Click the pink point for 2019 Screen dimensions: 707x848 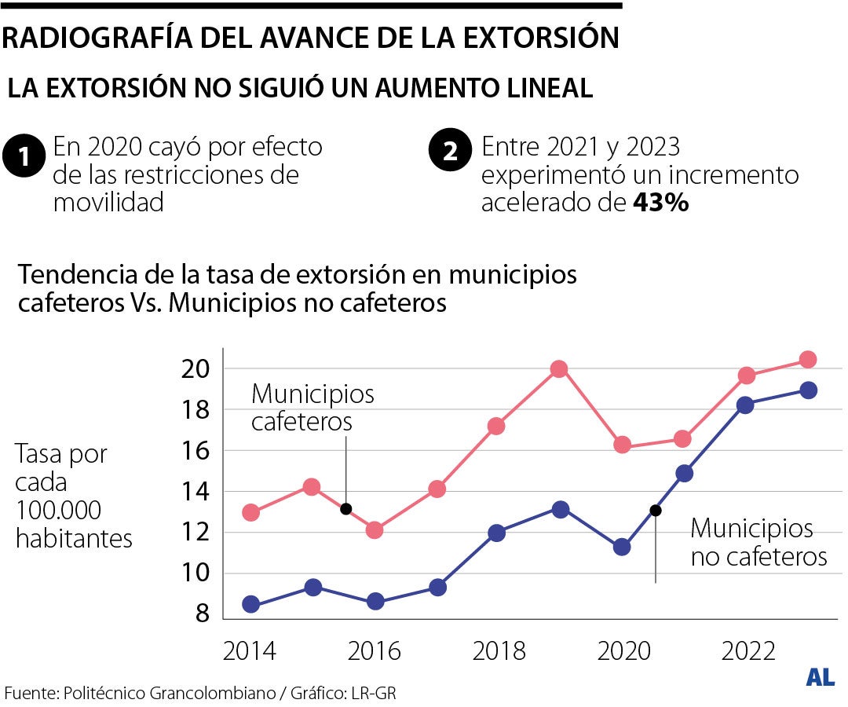tap(559, 369)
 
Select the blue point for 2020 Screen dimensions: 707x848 tap(622, 547)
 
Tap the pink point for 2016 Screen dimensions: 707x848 tap(375, 530)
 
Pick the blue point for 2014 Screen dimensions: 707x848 tap(251, 604)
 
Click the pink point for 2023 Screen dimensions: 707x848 tap(808, 360)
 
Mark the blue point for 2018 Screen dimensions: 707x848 tap(497, 533)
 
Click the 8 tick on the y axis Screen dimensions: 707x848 tap(202, 614)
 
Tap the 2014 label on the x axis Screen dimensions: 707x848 tap(250, 651)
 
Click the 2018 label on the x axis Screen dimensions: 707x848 tap(499, 651)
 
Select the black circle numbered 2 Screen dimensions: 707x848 tap(451, 152)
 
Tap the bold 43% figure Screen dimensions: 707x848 tap(661, 203)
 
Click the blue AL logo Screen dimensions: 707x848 tap(820, 677)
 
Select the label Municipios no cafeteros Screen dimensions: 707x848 tap(758, 542)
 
